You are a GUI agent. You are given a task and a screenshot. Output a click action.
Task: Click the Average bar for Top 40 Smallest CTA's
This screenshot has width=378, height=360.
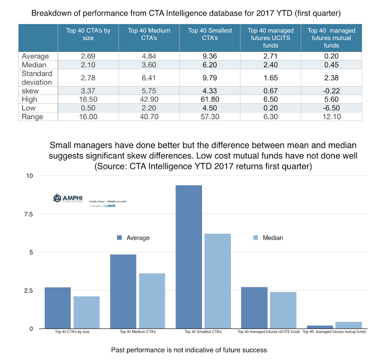click(189, 257)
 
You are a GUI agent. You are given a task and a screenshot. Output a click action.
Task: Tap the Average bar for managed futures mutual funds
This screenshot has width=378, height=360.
click(317, 326)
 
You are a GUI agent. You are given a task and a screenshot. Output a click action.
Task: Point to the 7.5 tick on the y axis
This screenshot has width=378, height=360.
click(30, 214)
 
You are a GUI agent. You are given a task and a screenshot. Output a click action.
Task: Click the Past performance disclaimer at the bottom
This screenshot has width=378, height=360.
click(189, 350)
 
